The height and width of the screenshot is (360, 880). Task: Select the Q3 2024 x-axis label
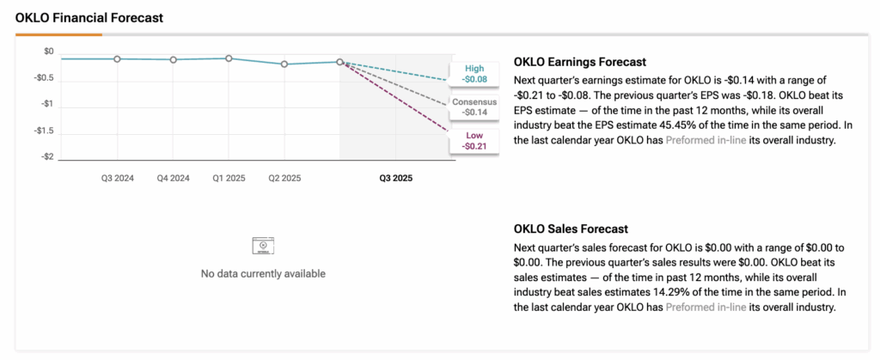click(119, 179)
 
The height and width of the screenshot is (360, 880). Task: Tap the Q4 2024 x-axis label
click(174, 179)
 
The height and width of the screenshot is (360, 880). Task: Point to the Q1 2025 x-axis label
click(229, 179)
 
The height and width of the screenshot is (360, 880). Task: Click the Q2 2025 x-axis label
click(284, 179)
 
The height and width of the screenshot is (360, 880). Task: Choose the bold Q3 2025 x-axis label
click(396, 179)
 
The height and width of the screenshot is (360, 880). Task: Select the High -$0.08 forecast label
click(474, 73)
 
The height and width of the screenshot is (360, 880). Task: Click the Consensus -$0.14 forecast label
click(474, 107)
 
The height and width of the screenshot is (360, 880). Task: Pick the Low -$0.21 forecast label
click(474, 140)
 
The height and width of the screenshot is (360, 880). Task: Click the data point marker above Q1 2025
click(229, 58)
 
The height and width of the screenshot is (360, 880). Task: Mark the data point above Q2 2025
click(284, 64)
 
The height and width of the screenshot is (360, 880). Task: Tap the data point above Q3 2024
click(118, 58)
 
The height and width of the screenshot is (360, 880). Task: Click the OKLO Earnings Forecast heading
click(579, 62)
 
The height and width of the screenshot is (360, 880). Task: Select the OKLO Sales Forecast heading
click(571, 229)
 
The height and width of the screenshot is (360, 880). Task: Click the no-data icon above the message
click(263, 247)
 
